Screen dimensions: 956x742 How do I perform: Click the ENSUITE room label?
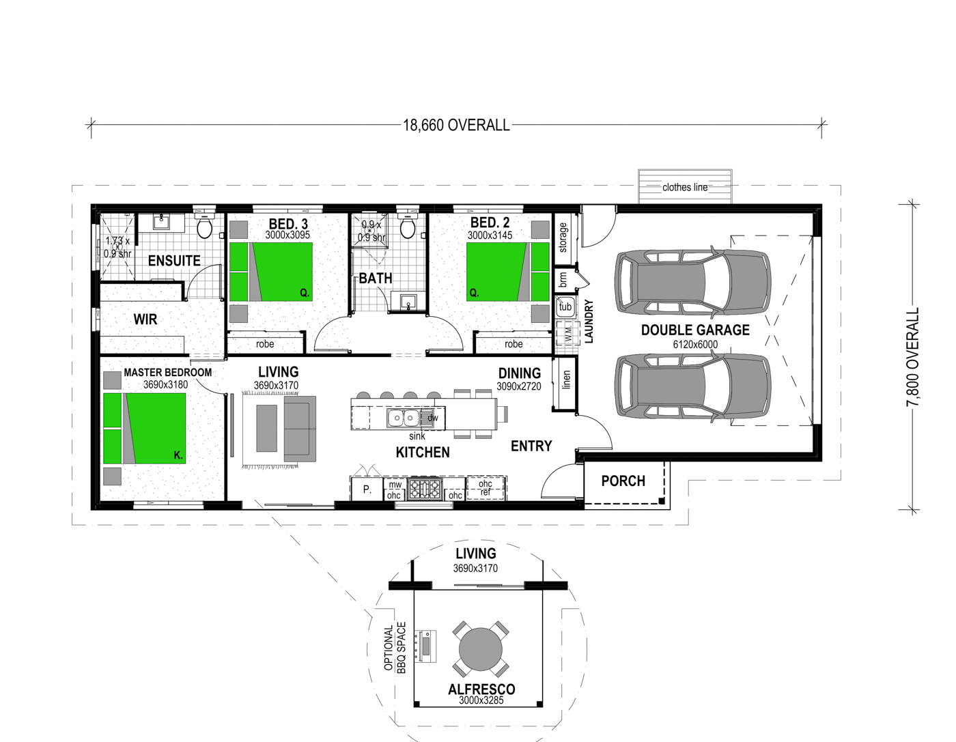pos(174,261)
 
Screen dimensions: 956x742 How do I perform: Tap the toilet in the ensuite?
pos(204,225)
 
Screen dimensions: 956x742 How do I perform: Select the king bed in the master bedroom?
pos(144,428)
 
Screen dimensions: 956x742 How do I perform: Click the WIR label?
pos(145,319)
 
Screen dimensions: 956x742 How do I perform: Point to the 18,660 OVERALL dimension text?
pos(456,126)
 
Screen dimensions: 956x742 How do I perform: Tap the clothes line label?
pos(685,187)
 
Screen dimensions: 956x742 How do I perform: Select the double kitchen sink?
pos(403,417)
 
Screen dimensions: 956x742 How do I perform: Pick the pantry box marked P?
pos(367,489)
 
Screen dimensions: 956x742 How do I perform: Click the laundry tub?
pos(565,306)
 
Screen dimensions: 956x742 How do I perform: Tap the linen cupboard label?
pos(566,380)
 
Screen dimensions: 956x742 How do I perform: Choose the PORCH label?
pos(623,481)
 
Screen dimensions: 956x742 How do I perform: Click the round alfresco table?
pos(481,649)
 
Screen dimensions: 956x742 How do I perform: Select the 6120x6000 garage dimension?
pos(695,344)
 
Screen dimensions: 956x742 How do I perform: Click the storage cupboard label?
pos(563,238)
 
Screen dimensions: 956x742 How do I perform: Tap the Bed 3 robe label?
pos(265,344)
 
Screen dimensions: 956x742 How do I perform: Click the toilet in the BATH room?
pos(408,225)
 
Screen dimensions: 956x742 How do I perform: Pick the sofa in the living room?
pos(300,429)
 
